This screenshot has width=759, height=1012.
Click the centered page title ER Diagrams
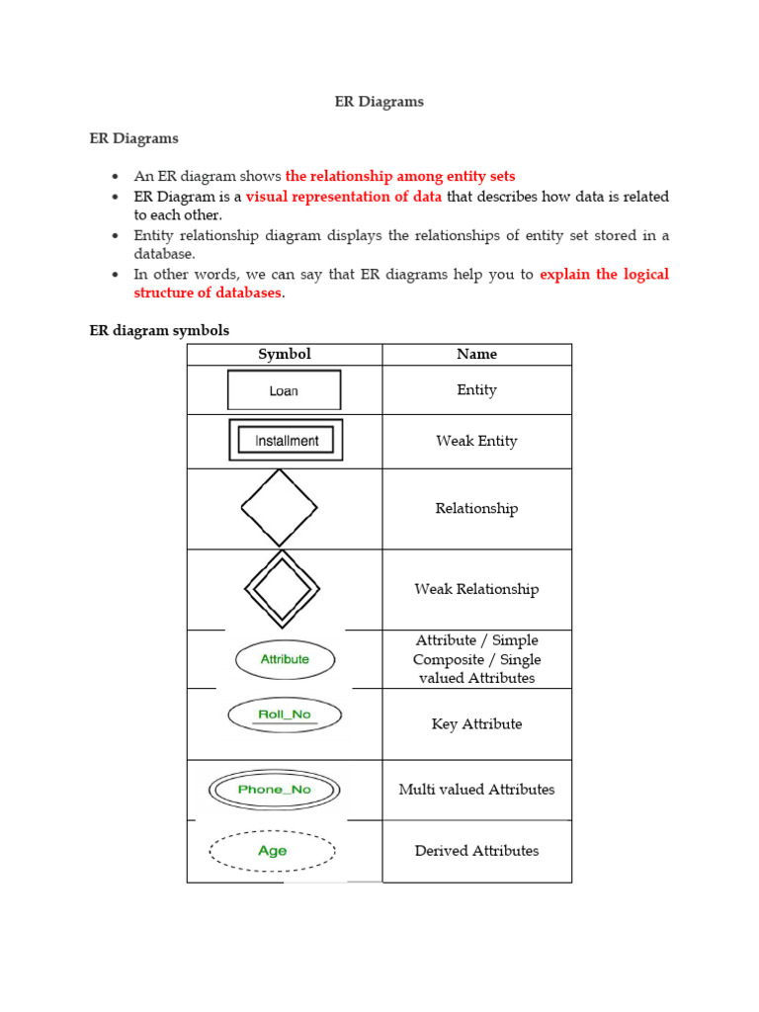pyautogui.click(x=379, y=102)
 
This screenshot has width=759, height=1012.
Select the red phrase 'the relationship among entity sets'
pyautogui.click(x=400, y=177)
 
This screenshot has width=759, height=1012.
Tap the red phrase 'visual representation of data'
pyautogui.click(x=344, y=197)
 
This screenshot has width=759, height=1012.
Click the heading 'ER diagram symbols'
pyautogui.click(x=159, y=330)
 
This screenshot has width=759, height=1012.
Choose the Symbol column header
pyautogui.click(x=285, y=354)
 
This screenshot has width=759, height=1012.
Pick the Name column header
pyautogui.click(x=476, y=354)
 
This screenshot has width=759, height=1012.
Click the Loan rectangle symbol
pyautogui.click(x=284, y=390)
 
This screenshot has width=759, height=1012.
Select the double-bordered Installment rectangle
pyautogui.click(x=287, y=441)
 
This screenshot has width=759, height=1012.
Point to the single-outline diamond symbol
pyautogui.click(x=280, y=508)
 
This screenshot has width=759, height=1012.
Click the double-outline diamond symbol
pyautogui.click(x=282, y=589)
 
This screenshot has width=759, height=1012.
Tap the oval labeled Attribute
pyautogui.click(x=285, y=659)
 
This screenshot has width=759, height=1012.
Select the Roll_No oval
pyautogui.click(x=285, y=715)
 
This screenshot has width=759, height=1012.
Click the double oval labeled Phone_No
pyautogui.click(x=274, y=790)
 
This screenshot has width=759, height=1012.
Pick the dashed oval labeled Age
pyautogui.click(x=273, y=851)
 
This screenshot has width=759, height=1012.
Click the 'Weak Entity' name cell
pyautogui.click(x=476, y=441)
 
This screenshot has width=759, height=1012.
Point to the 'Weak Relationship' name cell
pyautogui.click(x=476, y=589)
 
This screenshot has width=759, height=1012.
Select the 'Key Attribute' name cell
pyautogui.click(x=476, y=723)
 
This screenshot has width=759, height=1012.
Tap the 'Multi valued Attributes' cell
pyautogui.click(x=476, y=789)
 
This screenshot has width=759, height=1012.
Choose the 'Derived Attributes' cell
pyautogui.click(x=476, y=850)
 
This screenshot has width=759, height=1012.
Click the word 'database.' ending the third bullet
pyautogui.click(x=165, y=254)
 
